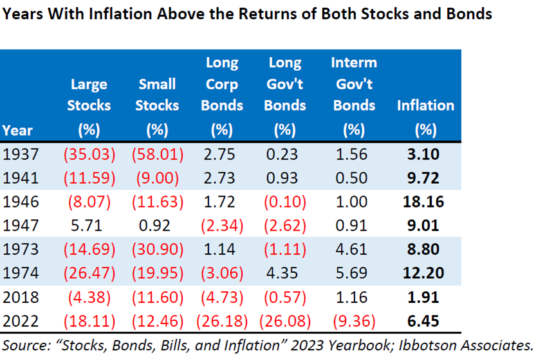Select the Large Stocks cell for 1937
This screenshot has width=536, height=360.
coord(89,154)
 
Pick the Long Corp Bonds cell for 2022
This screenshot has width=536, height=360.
coord(222,319)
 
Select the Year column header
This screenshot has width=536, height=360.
coord(17,130)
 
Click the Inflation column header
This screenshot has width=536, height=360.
coord(425,116)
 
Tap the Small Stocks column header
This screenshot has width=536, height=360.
coord(156,106)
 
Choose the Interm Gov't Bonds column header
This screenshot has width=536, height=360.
coord(354,95)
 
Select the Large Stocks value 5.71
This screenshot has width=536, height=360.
coord(89,225)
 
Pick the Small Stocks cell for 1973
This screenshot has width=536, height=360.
coord(156,249)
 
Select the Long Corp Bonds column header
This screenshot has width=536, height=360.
coord(222,95)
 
